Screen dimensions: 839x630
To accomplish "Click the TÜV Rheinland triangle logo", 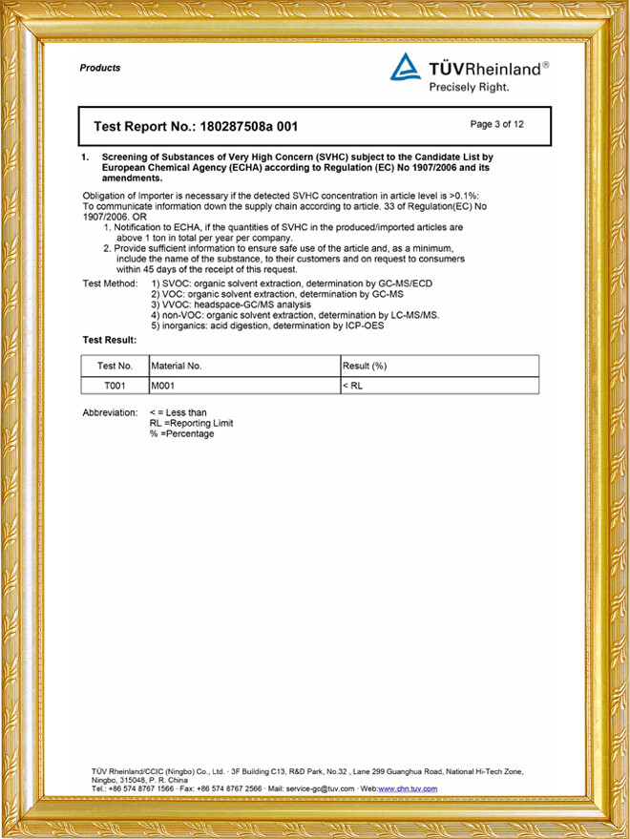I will [405, 67].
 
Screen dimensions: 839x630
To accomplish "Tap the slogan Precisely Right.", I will [469, 87].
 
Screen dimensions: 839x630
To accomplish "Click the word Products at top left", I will [100, 68].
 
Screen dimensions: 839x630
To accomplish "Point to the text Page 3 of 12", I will [497, 124].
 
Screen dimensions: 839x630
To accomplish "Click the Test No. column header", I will [115, 367].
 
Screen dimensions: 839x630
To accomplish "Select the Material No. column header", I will [177, 367].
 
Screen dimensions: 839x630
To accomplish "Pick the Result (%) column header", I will [364, 367].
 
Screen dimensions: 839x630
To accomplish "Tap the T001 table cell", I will [115, 386].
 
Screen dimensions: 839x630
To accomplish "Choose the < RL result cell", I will [352, 386].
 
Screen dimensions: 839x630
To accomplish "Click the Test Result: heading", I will [110, 340].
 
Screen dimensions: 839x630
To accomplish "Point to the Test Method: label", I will [112, 284].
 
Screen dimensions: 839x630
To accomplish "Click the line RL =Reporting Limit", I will [191, 423].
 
